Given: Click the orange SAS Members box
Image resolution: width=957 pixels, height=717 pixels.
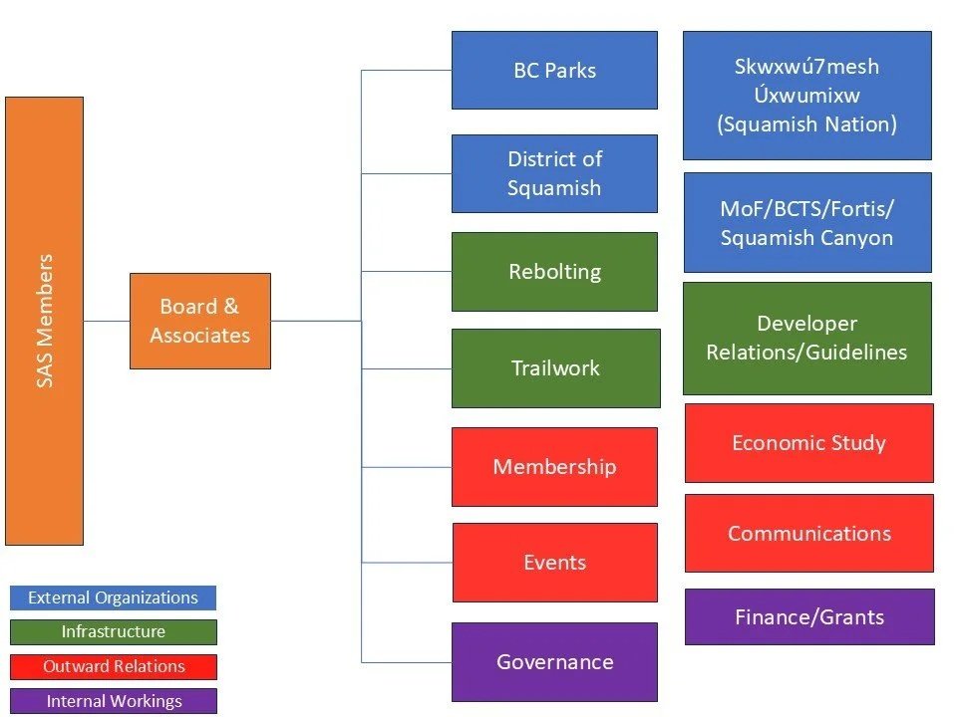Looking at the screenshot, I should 44,321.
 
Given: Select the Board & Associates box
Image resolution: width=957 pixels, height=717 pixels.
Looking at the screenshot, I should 199,321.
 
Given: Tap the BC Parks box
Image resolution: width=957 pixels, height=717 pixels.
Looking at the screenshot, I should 554,70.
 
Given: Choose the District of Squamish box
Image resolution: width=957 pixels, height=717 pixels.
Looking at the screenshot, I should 554,173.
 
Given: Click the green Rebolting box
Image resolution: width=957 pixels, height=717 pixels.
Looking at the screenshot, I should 554,272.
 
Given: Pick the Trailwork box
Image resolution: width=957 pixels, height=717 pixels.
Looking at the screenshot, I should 555,368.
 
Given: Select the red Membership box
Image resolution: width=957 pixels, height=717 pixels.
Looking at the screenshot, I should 554,466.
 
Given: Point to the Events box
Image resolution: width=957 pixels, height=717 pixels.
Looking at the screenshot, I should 554,563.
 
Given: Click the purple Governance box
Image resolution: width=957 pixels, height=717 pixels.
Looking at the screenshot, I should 554,661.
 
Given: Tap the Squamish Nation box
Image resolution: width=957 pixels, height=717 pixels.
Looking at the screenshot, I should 806,96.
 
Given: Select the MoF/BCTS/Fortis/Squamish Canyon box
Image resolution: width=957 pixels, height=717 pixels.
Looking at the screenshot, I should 806,223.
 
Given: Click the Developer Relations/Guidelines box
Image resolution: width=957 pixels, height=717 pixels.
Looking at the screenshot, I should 806,339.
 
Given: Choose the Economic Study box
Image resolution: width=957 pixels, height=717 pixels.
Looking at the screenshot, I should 808,443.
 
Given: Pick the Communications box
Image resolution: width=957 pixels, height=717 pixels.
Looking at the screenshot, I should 808,533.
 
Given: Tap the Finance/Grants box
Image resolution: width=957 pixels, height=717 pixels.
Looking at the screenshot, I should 808,616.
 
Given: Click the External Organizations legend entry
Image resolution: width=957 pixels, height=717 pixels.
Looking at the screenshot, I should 113,597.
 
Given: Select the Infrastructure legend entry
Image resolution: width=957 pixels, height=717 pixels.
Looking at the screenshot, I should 113,631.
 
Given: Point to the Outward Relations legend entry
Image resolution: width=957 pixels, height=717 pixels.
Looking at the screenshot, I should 113,666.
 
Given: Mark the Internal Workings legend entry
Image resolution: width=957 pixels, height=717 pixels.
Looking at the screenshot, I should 113,701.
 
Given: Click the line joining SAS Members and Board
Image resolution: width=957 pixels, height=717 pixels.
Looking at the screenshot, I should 107,321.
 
